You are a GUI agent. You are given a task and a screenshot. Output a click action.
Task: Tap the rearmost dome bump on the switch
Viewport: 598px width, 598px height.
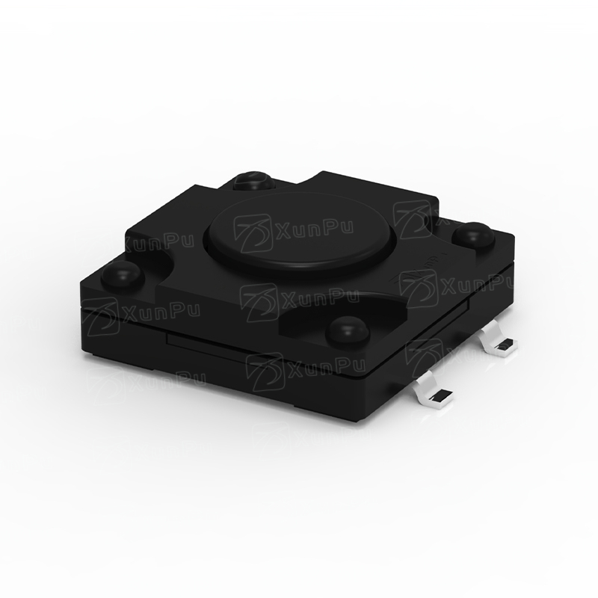pyautogui.click(x=254, y=182)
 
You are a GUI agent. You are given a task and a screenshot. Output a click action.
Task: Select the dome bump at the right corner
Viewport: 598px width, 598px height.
pyautogui.click(x=473, y=234)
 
